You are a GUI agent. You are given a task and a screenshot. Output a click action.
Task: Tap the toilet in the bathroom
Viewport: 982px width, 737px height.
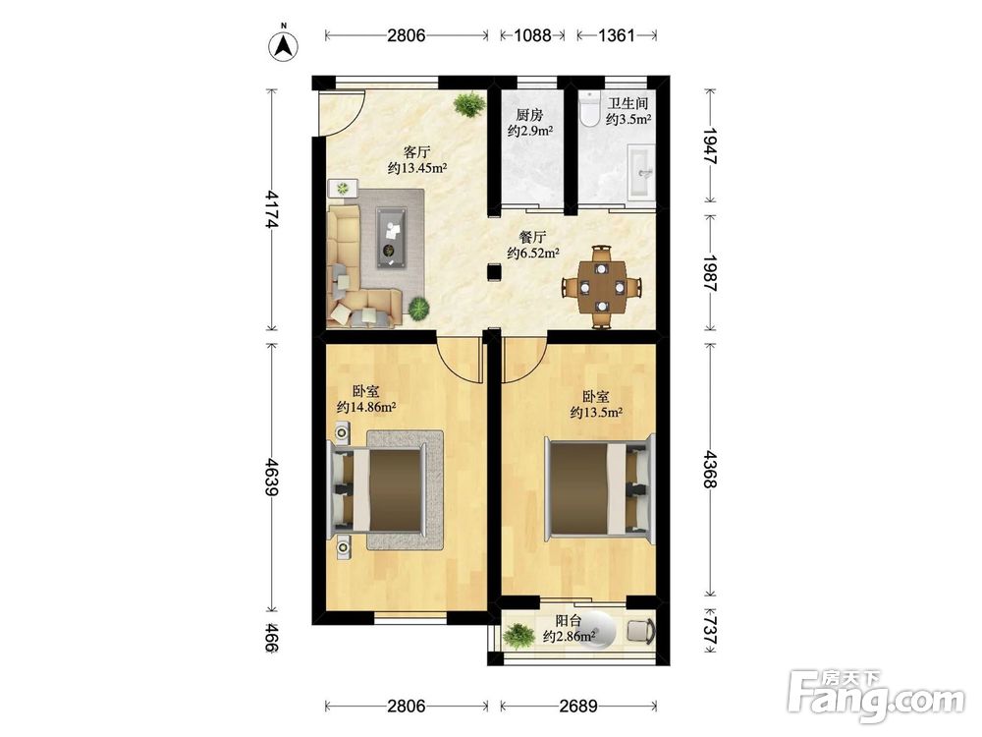tap(589, 109)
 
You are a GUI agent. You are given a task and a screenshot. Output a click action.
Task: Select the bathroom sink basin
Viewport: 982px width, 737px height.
tap(640, 170)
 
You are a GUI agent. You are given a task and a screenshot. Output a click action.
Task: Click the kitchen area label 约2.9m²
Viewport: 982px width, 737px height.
tap(530, 131)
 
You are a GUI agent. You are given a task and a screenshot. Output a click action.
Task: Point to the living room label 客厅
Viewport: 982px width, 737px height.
tap(417, 152)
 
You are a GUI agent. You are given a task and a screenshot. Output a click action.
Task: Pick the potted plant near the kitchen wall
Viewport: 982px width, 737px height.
tap(469, 104)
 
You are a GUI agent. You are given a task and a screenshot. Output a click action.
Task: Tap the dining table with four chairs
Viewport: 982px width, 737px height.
tap(602, 287)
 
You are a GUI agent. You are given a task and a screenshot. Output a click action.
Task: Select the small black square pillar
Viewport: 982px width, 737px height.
tap(495, 272)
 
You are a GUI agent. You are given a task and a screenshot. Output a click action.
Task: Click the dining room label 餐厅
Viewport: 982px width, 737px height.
tap(532, 238)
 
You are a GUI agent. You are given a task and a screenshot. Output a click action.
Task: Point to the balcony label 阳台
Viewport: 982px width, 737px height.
tap(570, 621)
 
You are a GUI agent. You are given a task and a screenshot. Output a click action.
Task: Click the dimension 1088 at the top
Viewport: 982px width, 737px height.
tap(532, 35)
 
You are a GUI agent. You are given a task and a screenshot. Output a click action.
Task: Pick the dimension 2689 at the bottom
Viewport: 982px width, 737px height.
tap(578, 707)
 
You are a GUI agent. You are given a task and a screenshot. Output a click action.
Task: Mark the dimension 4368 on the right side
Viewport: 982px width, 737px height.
tap(710, 469)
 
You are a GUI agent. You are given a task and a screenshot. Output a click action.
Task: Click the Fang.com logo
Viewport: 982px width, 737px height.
tap(876, 696)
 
